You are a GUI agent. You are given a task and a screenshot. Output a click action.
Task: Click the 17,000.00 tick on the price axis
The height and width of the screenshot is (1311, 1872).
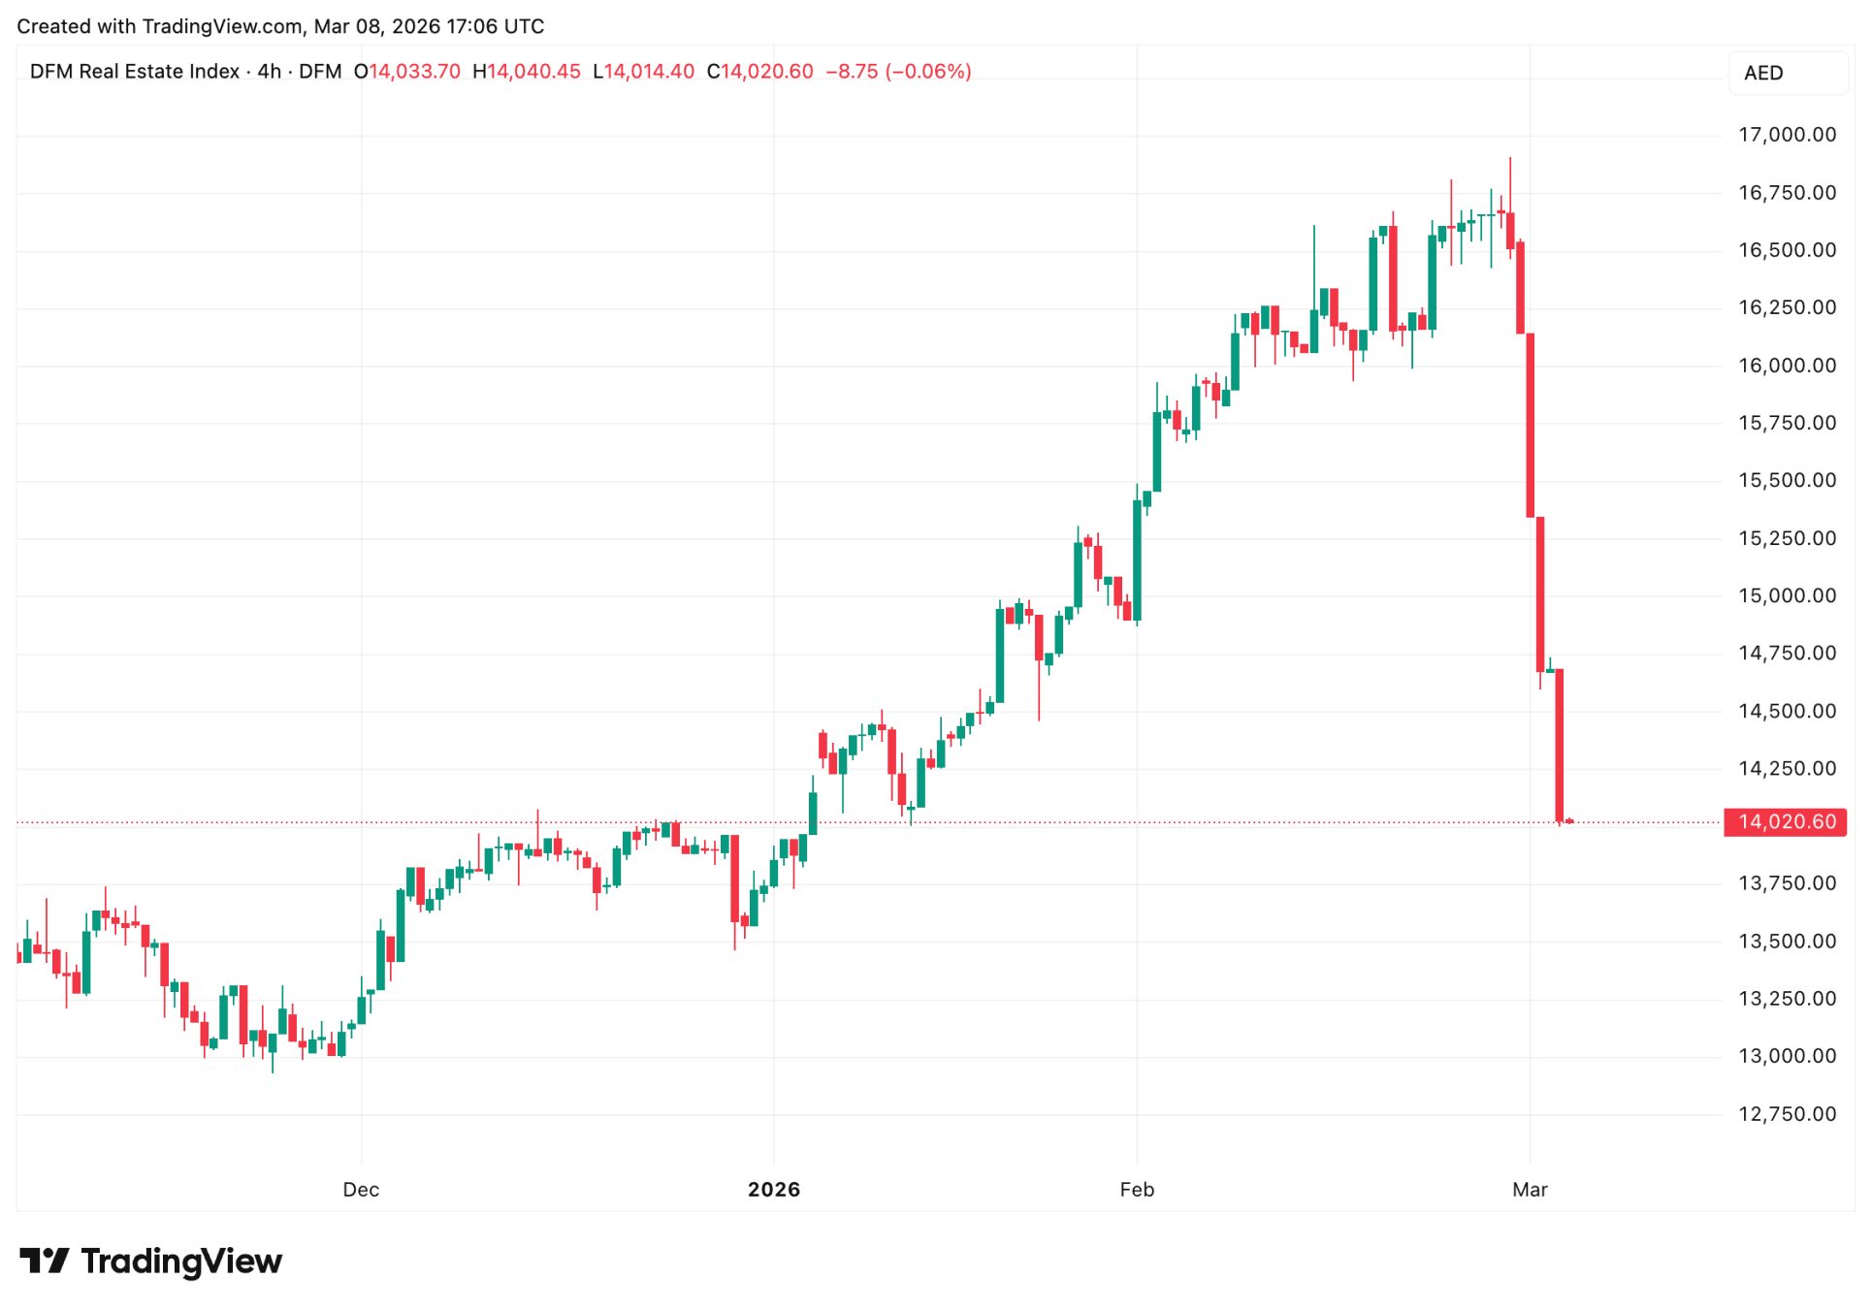tap(1787, 135)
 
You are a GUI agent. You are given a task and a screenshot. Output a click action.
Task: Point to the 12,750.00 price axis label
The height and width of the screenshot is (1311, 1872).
tap(1787, 1114)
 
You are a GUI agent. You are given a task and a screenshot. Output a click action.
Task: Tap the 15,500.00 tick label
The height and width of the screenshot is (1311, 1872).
tap(1787, 481)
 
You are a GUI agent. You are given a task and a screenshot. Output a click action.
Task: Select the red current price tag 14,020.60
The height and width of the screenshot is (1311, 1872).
tap(1786, 822)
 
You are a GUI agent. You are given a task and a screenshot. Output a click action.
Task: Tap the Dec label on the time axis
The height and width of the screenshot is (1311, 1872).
tap(361, 1190)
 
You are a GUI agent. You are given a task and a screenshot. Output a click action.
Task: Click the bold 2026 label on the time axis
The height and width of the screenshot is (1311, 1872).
tap(773, 1190)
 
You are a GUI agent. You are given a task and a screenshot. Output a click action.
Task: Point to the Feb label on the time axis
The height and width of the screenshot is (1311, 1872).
tap(1137, 1190)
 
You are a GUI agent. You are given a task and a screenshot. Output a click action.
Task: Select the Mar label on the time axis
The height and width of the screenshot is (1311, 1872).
tap(1530, 1190)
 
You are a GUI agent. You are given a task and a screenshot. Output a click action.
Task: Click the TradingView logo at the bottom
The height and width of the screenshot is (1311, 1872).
tap(151, 1262)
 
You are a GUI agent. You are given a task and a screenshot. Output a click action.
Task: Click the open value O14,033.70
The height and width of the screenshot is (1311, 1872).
tap(406, 72)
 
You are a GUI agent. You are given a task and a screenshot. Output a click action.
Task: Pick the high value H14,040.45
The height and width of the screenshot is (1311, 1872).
tap(527, 72)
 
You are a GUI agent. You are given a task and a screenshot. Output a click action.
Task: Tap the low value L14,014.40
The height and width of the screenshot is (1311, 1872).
tap(644, 72)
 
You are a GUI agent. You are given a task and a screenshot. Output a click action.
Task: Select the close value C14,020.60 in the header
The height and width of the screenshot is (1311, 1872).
tap(760, 72)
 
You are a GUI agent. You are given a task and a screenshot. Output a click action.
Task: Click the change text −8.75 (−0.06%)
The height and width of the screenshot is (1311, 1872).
tap(898, 72)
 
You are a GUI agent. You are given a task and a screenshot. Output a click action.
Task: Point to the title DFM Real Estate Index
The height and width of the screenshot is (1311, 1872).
tap(135, 72)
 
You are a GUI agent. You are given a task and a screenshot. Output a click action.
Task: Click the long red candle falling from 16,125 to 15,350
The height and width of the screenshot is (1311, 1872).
tap(1531, 425)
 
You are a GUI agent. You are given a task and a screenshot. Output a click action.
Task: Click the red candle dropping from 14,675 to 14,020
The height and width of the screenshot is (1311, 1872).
tap(1560, 745)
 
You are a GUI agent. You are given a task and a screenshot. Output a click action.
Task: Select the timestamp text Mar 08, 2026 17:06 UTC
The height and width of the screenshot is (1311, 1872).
tap(429, 26)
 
